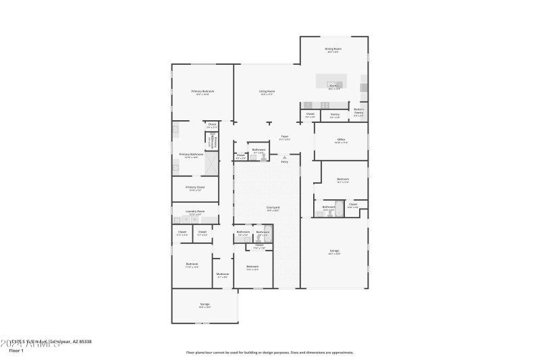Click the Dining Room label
click(333, 49)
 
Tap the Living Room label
click(267, 91)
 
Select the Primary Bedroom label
click(202, 91)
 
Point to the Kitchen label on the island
click(333, 86)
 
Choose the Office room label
click(341, 140)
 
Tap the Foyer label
click(285, 137)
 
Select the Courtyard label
click(273, 207)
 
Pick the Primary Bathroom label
click(192, 155)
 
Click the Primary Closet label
click(195, 187)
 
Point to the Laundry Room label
click(195, 211)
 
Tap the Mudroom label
click(223, 274)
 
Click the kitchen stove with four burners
click(325, 105)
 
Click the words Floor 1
click(17, 351)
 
